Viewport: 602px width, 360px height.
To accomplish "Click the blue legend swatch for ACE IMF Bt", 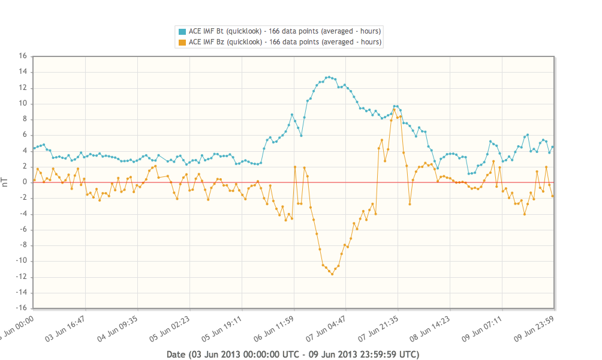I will (x=182, y=31).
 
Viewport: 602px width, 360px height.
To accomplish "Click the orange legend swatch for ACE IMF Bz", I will (x=182, y=42).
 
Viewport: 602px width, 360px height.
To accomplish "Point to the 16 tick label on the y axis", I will (x=23, y=56).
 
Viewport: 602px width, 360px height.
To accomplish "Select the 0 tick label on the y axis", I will (x=25, y=182).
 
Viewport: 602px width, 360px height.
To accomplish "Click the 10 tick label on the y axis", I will (x=23, y=104).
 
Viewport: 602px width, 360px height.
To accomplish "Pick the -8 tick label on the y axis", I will (x=23, y=245).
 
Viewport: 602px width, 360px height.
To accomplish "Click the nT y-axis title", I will (x=5, y=182).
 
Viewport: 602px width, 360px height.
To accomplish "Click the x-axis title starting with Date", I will (x=293, y=354).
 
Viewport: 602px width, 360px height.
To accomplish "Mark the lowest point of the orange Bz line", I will (x=332, y=274).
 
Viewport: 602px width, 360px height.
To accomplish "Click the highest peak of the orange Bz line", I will (x=394, y=109).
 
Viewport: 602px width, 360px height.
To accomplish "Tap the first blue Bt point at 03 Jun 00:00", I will (x=34, y=148).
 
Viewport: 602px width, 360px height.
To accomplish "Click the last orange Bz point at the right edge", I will (x=552, y=196).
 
